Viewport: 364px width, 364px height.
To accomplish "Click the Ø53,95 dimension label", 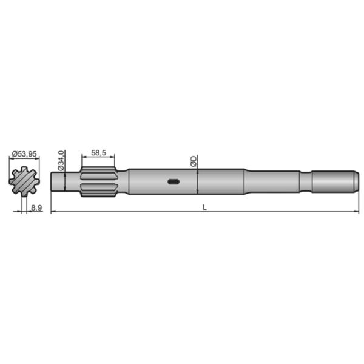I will point(24,154).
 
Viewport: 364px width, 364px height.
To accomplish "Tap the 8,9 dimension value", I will point(36,208).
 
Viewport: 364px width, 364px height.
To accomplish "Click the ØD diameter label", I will point(193,161).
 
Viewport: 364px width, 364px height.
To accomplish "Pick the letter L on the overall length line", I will point(204,207).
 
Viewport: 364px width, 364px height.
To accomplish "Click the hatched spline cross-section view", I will point(24,181).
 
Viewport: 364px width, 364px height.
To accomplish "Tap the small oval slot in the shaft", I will point(173,181).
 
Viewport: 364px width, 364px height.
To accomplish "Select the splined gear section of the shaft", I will point(98,181).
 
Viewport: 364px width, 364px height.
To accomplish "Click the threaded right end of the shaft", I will point(332,181).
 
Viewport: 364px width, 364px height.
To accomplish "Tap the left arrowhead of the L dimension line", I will point(53,211).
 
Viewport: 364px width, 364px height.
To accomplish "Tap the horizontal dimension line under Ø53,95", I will point(24,159).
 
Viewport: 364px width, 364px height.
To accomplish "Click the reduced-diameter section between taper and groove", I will point(273,181).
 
